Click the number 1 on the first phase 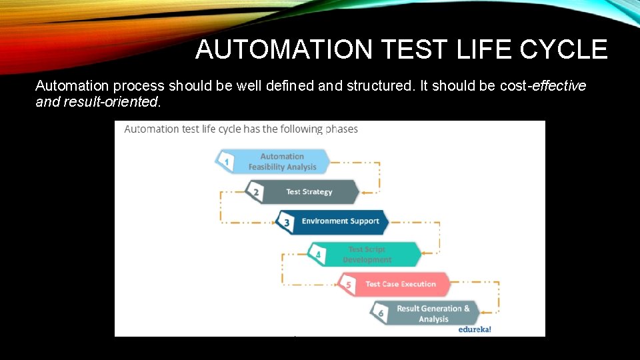[x=227, y=161]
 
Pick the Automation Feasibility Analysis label [x=282, y=161]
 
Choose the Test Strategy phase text [x=309, y=192]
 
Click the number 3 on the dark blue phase [x=287, y=223]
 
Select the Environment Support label [x=340, y=221]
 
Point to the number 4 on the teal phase [x=318, y=255]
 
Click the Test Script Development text [x=367, y=255]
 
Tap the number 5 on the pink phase [x=348, y=285]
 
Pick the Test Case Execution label [x=400, y=284]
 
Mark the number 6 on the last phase [x=380, y=313]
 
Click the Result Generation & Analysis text [x=433, y=313]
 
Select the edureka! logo [x=475, y=329]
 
